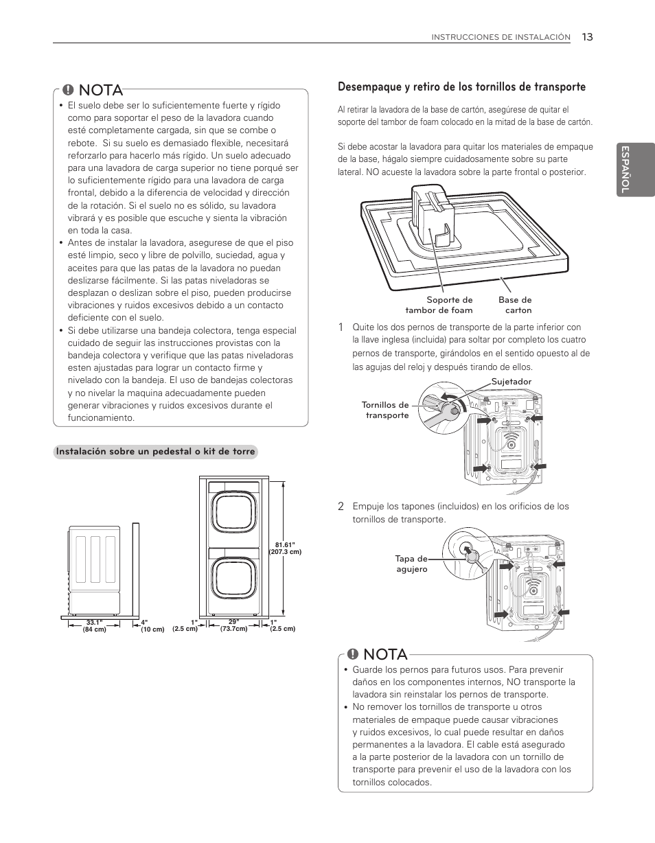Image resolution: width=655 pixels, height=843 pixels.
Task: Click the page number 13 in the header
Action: (x=586, y=37)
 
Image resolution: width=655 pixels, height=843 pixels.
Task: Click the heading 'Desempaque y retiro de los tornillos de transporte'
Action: (x=461, y=87)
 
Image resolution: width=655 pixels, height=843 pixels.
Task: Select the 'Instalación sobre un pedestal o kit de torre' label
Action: (x=156, y=452)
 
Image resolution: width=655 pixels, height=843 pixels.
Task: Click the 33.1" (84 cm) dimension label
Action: (x=94, y=626)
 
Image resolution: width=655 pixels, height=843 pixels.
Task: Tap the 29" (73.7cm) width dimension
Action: (x=233, y=625)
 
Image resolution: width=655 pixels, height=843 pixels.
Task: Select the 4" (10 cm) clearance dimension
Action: (x=152, y=626)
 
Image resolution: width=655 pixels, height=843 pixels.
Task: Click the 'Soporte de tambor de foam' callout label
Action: (x=449, y=305)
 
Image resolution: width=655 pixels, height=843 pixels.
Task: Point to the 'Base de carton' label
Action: (x=515, y=305)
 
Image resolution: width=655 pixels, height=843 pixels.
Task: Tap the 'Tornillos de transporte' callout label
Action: (x=385, y=411)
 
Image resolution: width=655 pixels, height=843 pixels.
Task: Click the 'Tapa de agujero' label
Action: (x=411, y=564)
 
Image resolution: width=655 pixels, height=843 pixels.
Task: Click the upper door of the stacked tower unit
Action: (x=236, y=513)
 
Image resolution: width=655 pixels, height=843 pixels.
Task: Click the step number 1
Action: (x=341, y=327)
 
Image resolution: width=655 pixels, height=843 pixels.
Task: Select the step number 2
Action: (x=341, y=507)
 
